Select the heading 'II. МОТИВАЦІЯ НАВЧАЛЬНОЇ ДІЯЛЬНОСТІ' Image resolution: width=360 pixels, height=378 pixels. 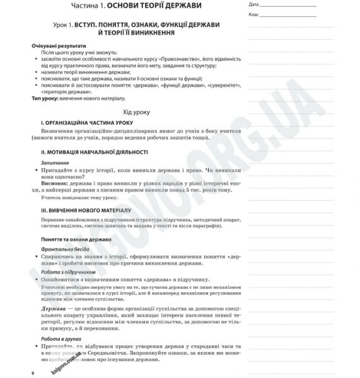(93, 152)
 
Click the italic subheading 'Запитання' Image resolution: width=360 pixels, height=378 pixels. (55, 163)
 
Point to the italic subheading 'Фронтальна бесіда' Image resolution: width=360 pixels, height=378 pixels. (66, 249)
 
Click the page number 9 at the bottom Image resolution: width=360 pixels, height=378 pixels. (32, 374)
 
